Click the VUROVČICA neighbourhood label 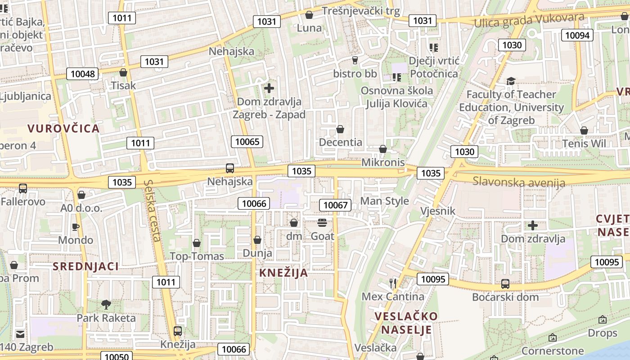(63, 129)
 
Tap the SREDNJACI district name (85, 266)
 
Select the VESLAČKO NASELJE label (406, 323)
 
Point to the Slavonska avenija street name (518, 182)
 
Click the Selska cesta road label (153, 211)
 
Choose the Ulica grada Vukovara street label (529, 20)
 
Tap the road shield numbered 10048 (82, 74)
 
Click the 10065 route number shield (247, 142)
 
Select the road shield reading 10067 (335, 205)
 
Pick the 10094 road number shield (577, 35)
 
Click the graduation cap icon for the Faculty (511, 81)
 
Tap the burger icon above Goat (322, 223)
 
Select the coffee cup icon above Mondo (76, 227)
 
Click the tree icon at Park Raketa (106, 305)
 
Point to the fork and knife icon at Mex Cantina (393, 283)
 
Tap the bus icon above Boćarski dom (505, 284)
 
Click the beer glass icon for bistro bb (355, 60)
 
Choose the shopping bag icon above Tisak (123, 72)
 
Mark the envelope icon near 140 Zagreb (20, 334)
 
